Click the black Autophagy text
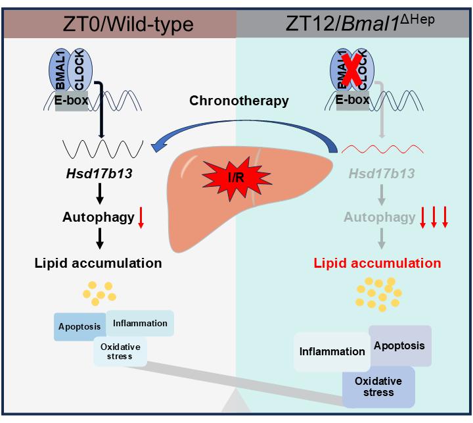coord(98,216)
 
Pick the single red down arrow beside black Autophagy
coord(141,218)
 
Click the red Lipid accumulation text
coord(377,264)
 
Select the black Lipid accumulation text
coord(98,264)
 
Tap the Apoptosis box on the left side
coord(79,326)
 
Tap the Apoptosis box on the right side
coord(400,345)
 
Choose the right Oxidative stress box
coord(378,387)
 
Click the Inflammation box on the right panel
coord(332,351)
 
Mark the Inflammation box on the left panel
coord(140,323)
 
